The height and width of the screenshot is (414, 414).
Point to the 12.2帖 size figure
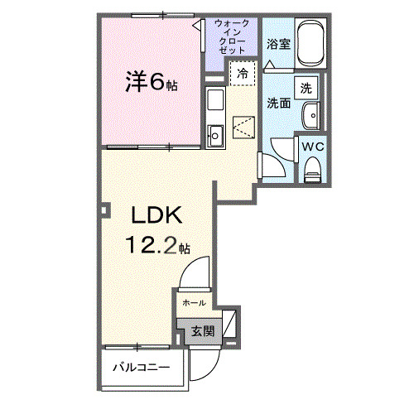159,245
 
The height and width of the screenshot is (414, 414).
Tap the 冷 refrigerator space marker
243,74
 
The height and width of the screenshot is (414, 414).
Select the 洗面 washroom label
277,103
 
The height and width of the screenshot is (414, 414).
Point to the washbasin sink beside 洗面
312,116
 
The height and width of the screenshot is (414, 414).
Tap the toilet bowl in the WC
312,170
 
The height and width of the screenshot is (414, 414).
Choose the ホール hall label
194,302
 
